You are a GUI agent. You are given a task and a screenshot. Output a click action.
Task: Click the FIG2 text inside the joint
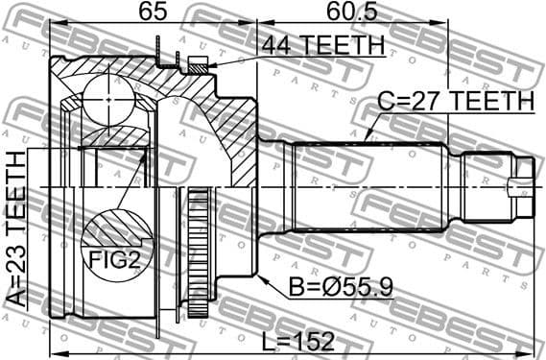point(113,258)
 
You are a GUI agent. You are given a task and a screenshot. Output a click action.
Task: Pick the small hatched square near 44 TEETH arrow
point(198,65)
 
